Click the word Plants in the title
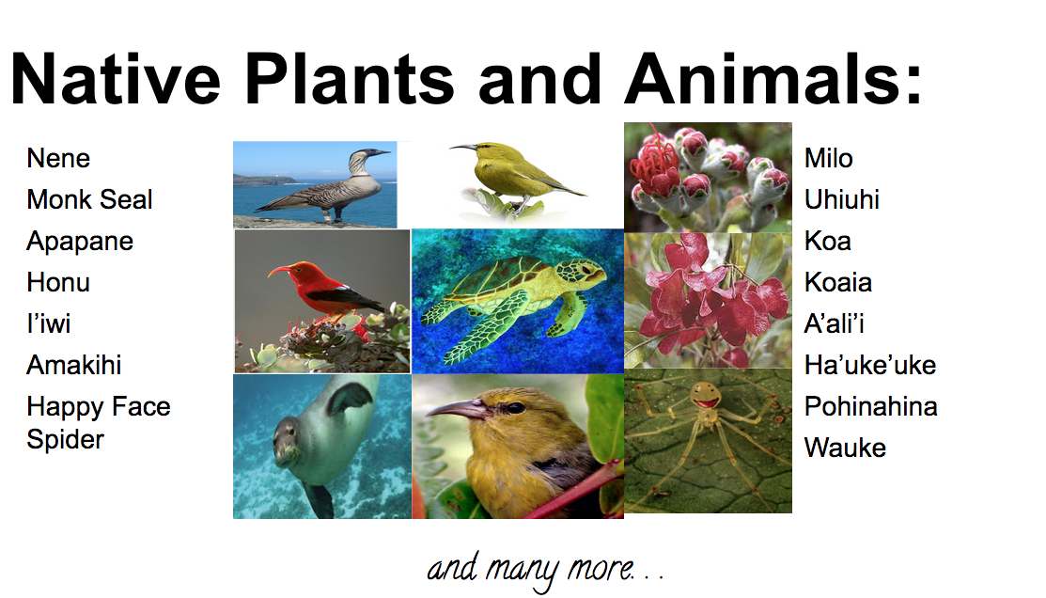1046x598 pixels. click(350, 79)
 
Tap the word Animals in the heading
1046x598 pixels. click(773, 79)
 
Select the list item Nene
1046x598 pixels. click(58, 159)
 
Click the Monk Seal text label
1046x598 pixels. click(90, 199)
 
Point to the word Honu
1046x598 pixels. click(58, 283)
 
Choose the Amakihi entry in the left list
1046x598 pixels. click(74, 366)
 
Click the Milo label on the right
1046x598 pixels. click(829, 159)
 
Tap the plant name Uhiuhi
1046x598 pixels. click(842, 199)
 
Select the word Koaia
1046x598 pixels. click(838, 283)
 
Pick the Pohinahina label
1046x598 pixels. click(871, 407)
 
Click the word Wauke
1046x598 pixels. click(845, 448)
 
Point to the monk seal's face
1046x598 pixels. click(288, 444)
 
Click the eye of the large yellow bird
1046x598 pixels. click(514, 408)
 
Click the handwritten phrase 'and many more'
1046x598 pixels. click(530, 569)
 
